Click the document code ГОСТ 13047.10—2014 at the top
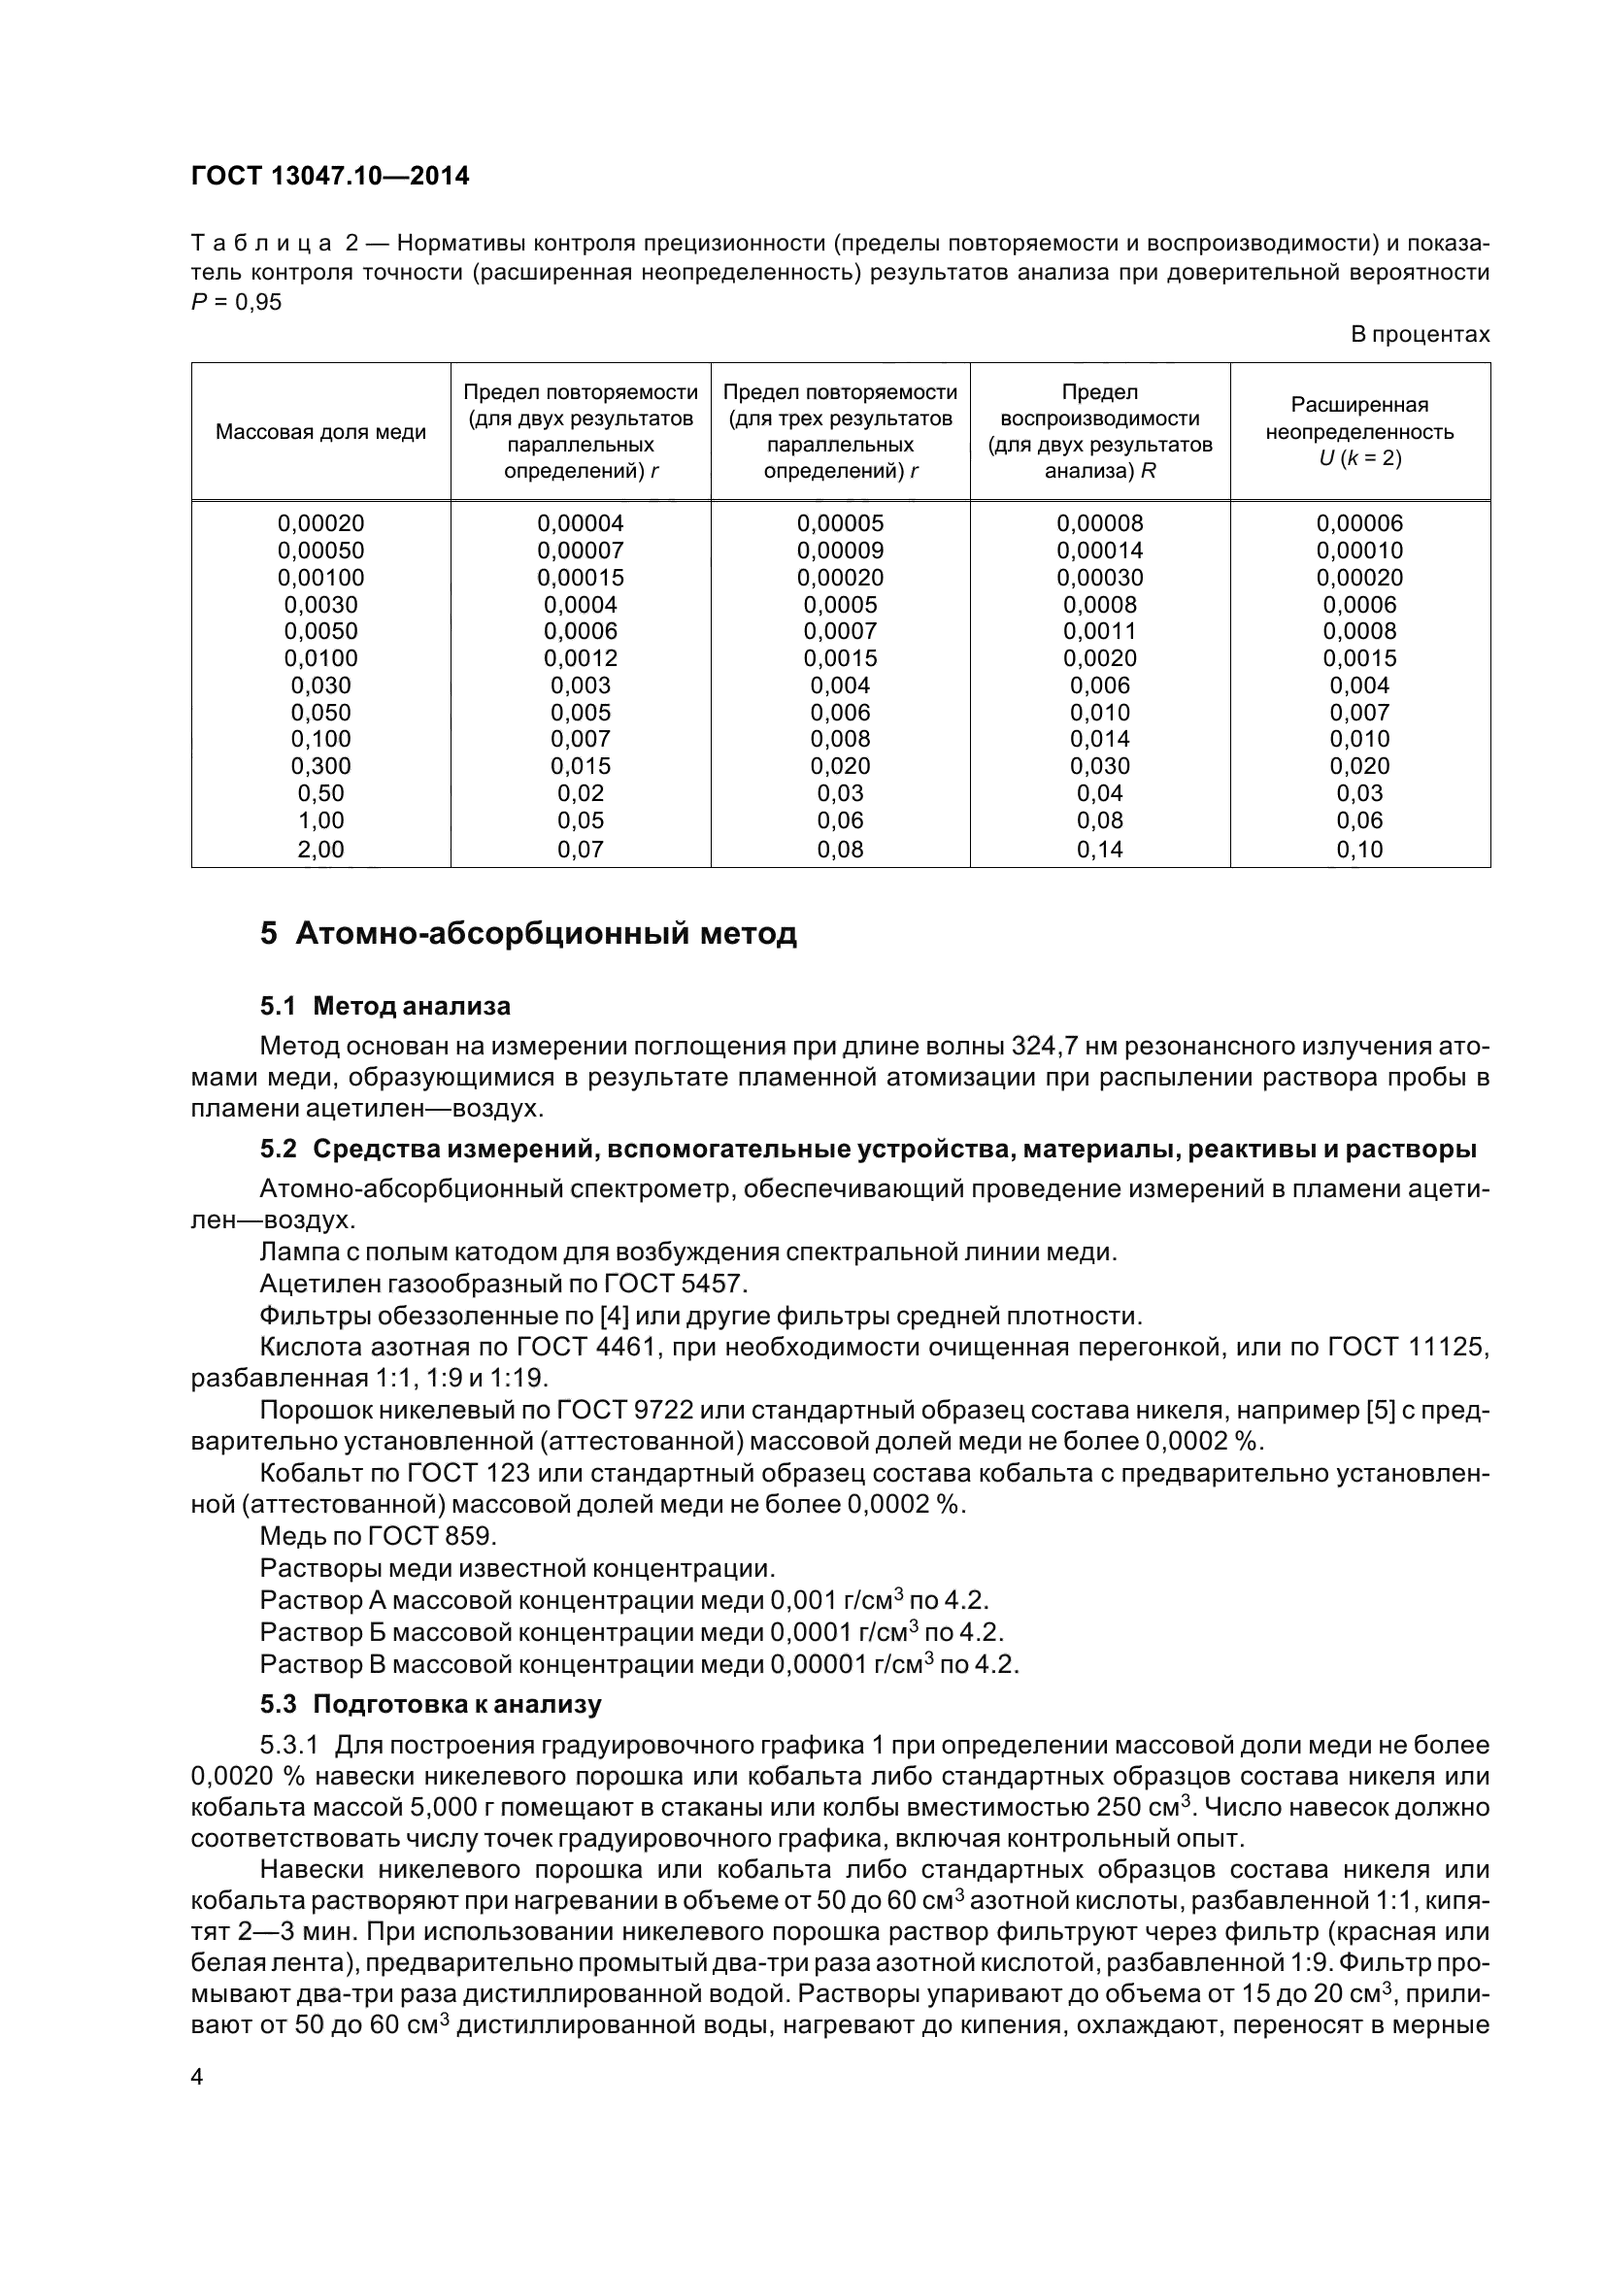click(x=330, y=176)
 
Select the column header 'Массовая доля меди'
click(x=320, y=432)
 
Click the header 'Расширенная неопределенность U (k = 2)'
click(x=1359, y=431)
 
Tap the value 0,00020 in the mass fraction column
click(x=320, y=523)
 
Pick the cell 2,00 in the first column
click(x=320, y=849)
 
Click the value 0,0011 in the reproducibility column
click(x=1100, y=631)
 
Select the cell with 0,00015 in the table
click(x=581, y=578)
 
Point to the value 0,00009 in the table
click(x=840, y=550)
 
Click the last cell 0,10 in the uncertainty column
click(x=1359, y=849)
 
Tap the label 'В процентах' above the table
click(x=1420, y=334)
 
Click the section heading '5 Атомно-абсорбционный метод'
click(x=528, y=934)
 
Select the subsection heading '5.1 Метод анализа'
click(x=385, y=1006)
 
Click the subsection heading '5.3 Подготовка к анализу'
click(x=430, y=1704)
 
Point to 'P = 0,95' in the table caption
click(x=236, y=302)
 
